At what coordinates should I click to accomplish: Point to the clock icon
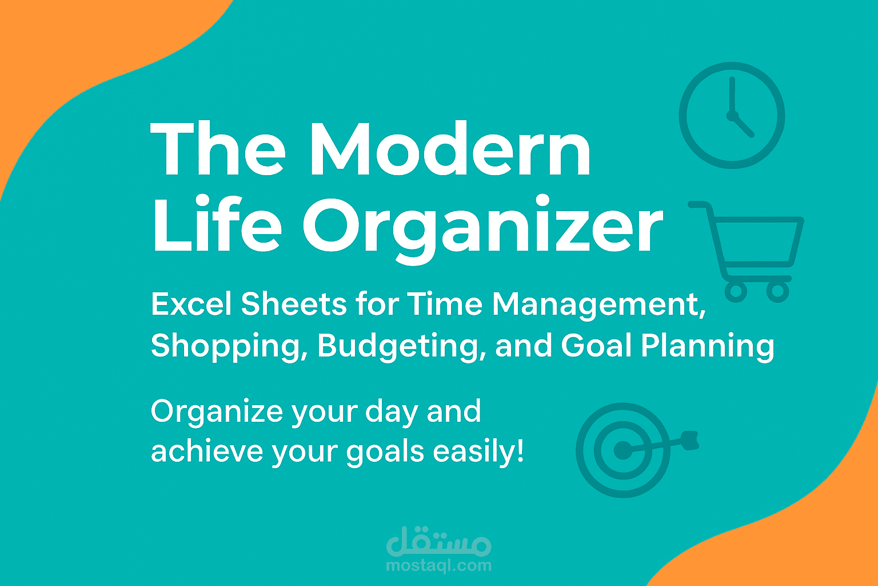(732, 116)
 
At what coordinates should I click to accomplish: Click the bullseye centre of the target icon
(622, 450)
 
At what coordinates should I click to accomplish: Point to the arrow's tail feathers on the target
(691, 441)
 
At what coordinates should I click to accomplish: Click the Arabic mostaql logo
(438, 541)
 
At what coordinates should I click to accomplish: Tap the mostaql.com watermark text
(438, 565)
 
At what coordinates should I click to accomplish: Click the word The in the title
(218, 149)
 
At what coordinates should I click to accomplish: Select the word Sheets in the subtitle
(294, 304)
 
